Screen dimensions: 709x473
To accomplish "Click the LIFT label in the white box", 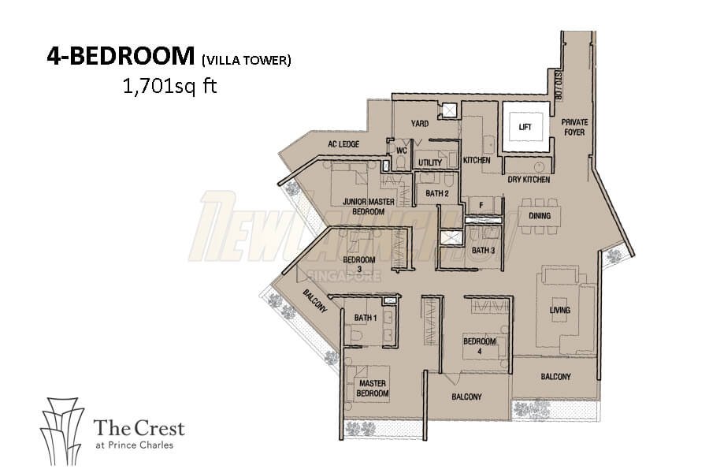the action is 525,127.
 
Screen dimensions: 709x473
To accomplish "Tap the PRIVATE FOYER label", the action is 574,127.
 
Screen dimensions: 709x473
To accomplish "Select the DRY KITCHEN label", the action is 529,180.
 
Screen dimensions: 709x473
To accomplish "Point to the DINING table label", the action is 540,215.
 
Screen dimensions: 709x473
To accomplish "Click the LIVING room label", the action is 560,310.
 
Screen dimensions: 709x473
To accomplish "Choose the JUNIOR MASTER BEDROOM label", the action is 369,207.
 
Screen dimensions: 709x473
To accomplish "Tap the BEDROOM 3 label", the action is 359,264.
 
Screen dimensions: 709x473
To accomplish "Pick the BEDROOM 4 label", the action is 480,346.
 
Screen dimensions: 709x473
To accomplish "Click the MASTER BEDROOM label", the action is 373,389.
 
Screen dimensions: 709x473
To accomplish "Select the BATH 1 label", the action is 366,318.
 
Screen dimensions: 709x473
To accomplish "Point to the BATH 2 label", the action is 436,193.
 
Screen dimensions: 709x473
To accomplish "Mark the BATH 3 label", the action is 484,251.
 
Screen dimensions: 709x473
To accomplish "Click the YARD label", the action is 420,123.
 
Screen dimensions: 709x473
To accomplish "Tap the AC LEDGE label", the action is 343,144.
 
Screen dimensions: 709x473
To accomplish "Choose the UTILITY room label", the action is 430,162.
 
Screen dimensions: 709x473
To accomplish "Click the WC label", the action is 402,151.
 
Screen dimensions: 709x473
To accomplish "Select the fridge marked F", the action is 481,206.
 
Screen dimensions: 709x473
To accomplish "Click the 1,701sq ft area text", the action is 170,86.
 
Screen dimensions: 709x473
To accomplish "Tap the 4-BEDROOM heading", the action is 121,56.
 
